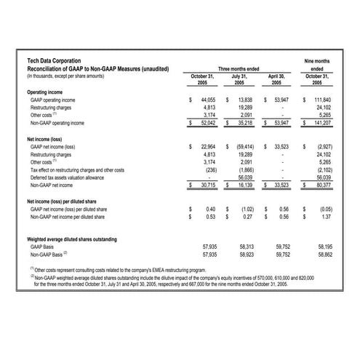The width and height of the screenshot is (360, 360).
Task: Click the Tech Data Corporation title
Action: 55,61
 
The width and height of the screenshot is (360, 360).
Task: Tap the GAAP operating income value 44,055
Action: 208,100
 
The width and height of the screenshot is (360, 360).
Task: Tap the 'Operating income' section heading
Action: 46,92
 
